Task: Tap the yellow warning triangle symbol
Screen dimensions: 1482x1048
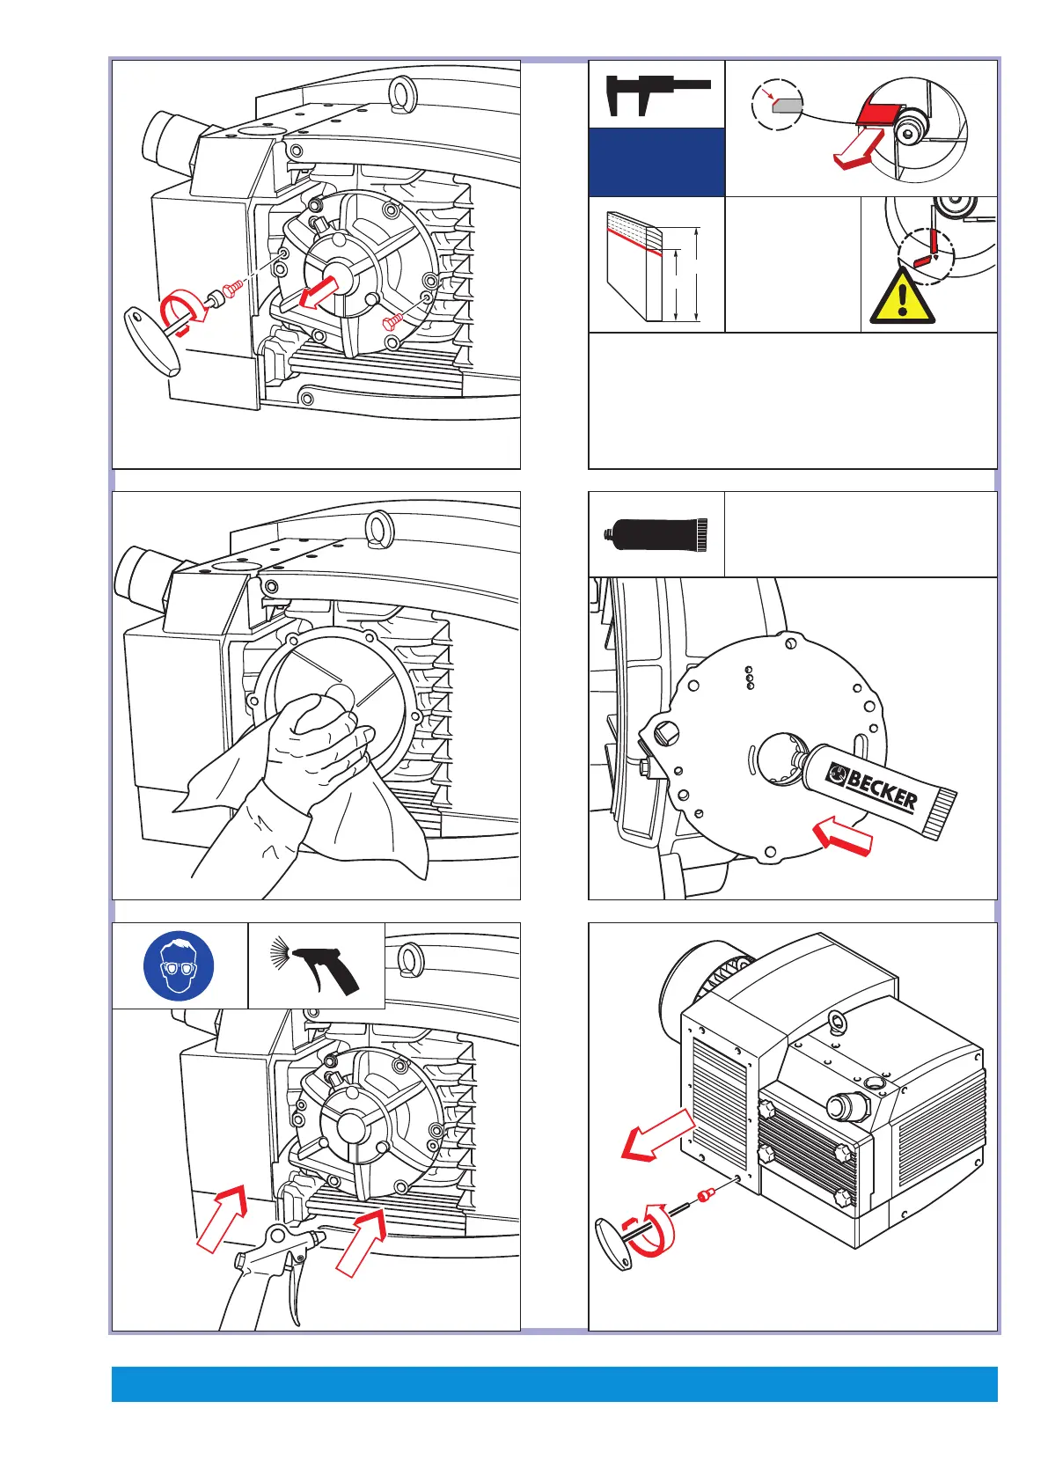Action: pos(902,298)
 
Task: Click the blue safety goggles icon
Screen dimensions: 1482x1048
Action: pos(179,965)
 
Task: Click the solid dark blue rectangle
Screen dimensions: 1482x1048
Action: pos(656,162)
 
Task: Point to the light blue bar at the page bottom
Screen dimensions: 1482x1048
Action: pos(554,1383)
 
